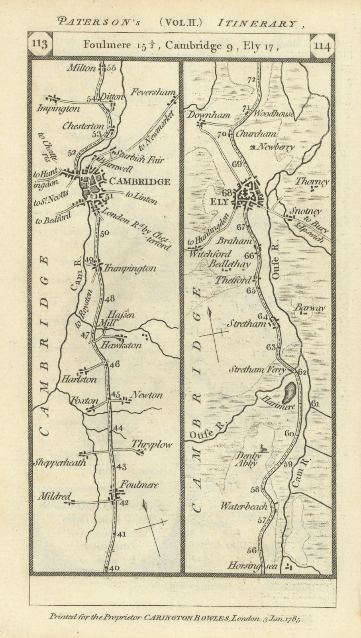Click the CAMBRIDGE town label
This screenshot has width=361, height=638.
click(x=139, y=182)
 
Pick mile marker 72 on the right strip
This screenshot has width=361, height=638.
click(x=251, y=79)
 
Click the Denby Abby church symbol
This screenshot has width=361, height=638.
click(x=261, y=448)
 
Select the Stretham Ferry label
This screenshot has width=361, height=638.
click(x=257, y=370)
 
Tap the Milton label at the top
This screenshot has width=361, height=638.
click(x=81, y=68)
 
